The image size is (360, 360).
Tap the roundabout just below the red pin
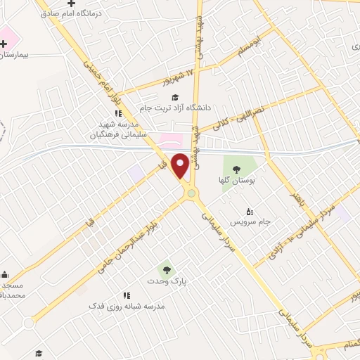click(191, 193)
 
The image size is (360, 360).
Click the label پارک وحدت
click(167, 281)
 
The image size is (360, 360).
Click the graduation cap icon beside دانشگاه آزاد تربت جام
click(175, 97)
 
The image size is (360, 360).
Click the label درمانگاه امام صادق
click(72, 13)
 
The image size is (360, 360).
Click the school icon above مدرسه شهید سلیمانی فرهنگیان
click(118, 112)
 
